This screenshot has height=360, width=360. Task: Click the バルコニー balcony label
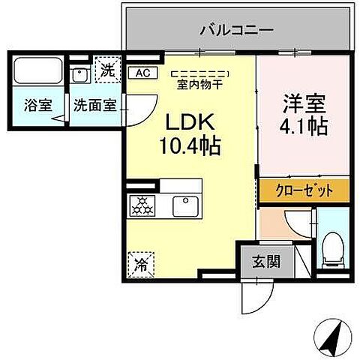(236, 31)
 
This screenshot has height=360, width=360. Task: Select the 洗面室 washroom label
(94, 105)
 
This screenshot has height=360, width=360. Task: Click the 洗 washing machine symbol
(109, 70)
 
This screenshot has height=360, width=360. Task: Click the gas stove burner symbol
(142, 204)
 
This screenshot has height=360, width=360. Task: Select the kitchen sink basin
(184, 204)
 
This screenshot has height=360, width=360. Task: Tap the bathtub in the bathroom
(36, 73)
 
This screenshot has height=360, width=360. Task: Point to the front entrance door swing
(251, 300)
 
